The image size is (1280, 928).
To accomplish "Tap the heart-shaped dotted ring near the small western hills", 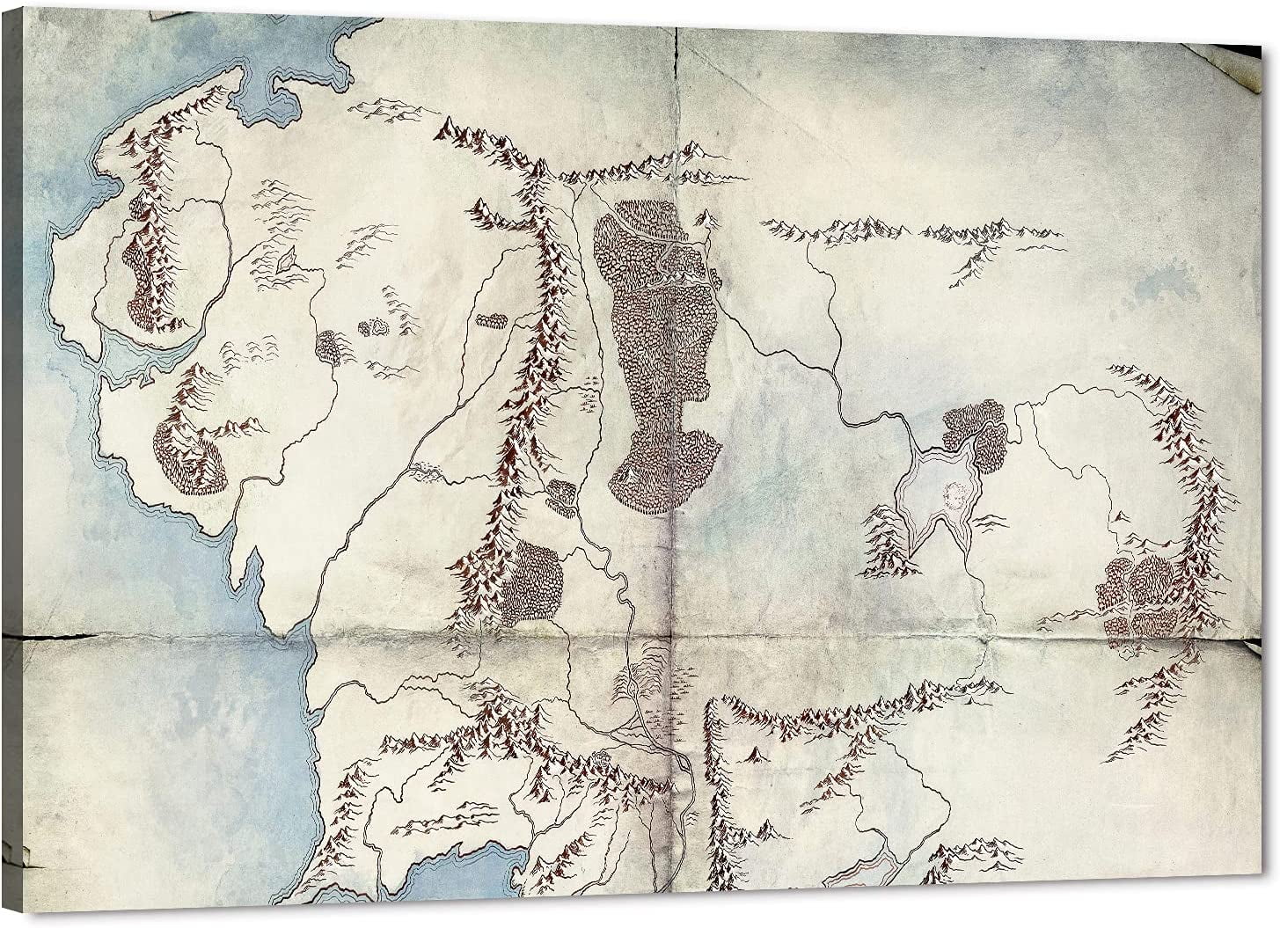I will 374,327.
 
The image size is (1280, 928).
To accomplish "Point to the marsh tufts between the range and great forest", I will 588,396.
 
